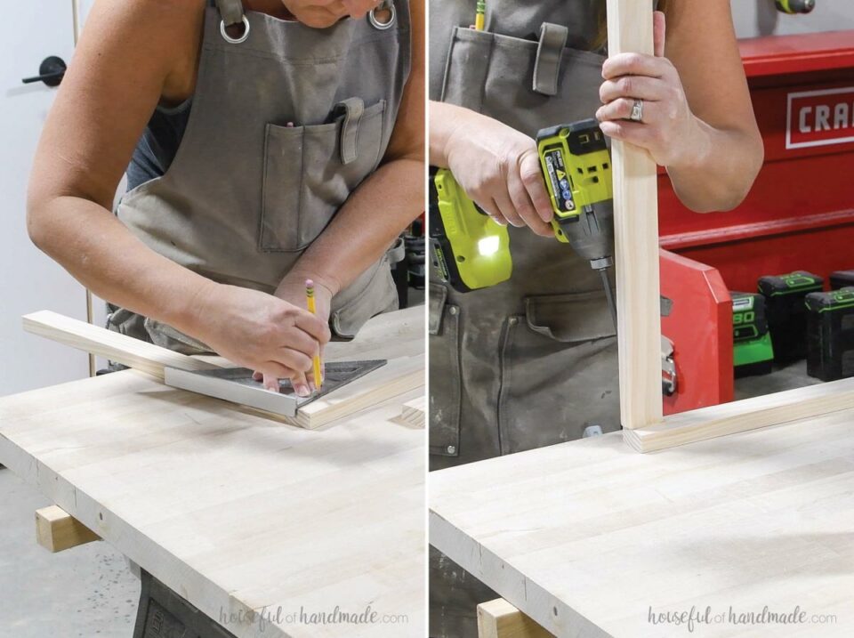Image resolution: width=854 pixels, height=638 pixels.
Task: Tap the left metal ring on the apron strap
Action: click(235, 30)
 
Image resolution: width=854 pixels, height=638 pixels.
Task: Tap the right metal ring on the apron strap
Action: click(382, 17)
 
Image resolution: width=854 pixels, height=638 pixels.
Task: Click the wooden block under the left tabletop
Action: click(63, 529)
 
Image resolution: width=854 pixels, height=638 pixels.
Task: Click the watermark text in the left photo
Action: click(313, 616)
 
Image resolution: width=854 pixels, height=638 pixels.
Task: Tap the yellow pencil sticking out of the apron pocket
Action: click(479, 14)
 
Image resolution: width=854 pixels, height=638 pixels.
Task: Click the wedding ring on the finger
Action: click(636, 110)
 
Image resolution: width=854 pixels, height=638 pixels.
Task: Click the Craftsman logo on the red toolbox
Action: click(819, 117)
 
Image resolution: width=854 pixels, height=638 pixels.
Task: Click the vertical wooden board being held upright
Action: click(637, 267)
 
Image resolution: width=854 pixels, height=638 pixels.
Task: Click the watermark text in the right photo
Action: click(741, 616)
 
